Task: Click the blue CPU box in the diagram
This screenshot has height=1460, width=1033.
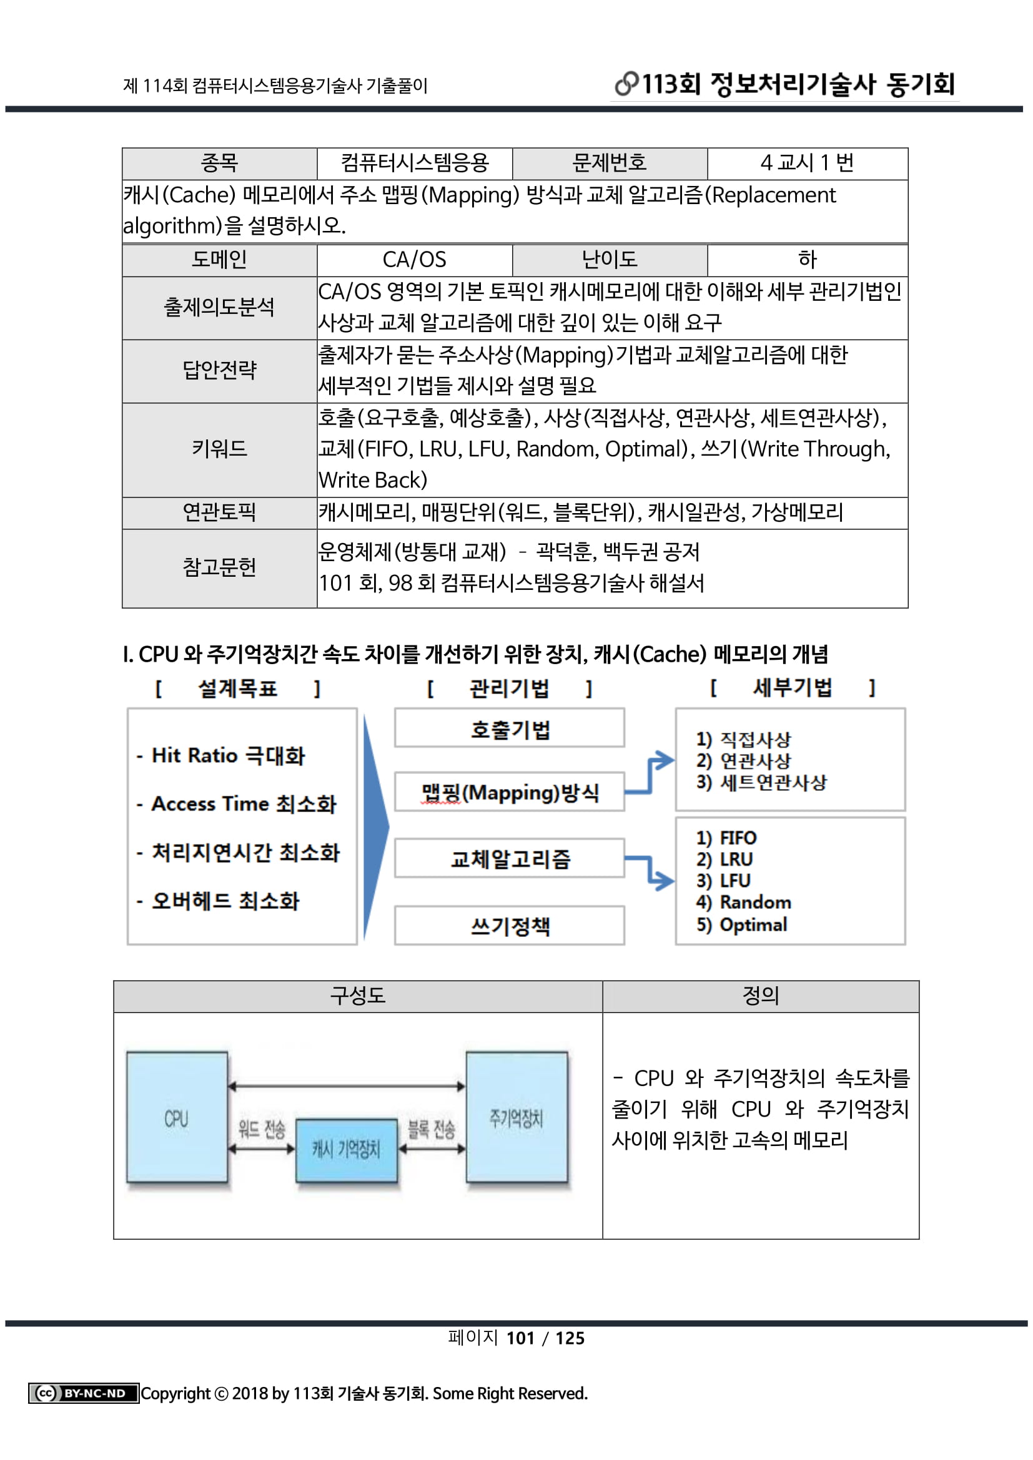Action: pos(177,1117)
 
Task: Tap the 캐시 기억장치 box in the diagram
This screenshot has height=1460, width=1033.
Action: pos(347,1149)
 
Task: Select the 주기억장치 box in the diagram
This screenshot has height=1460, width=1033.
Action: pos(516,1117)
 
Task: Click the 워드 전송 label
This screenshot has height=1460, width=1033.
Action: pos(262,1129)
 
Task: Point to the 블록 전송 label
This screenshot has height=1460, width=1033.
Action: pos(432,1129)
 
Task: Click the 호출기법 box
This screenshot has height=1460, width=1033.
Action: pos(510,728)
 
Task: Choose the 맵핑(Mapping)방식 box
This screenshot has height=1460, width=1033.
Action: pos(510,792)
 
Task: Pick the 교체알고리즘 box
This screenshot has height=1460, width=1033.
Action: pos(510,858)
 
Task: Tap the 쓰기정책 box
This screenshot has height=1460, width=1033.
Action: pos(510,926)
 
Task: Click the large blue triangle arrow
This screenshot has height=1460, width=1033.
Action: pos(374,826)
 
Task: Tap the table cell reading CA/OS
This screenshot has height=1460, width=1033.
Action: pos(414,260)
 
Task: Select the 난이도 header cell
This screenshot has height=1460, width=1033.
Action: pos(610,260)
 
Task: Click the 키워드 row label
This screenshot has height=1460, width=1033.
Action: pos(219,449)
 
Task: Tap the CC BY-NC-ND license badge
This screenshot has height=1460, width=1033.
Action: pos(83,1393)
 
